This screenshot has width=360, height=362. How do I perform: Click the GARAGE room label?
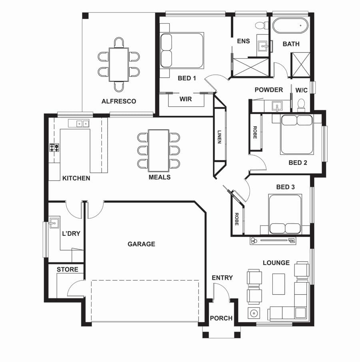click(x=141, y=244)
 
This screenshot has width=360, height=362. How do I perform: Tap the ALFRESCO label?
click(x=119, y=101)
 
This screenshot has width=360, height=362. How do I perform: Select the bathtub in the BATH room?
click(x=290, y=25)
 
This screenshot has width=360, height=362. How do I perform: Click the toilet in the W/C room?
click(x=301, y=105)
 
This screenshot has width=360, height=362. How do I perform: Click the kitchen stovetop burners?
click(x=54, y=147)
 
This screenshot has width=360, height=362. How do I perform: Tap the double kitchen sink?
click(x=82, y=124)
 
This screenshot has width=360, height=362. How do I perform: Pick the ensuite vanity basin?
click(x=262, y=46)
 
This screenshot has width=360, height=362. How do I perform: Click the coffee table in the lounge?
click(x=278, y=284)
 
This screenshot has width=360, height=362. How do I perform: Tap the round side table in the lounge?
click(x=254, y=313)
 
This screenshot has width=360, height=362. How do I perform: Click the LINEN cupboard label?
click(x=219, y=137)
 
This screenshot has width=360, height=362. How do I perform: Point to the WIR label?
click(x=186, y=99)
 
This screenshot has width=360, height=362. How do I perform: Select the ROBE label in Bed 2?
click(x=255, y=133)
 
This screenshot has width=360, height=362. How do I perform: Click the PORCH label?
click(x=221, y=318)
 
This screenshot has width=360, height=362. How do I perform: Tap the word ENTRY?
click(x=222, y=278)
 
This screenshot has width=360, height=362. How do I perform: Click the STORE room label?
click(x=67, y=269)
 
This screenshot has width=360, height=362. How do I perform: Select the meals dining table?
click(x=159, y=151)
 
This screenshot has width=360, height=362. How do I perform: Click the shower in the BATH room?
click(x=300, y=64)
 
